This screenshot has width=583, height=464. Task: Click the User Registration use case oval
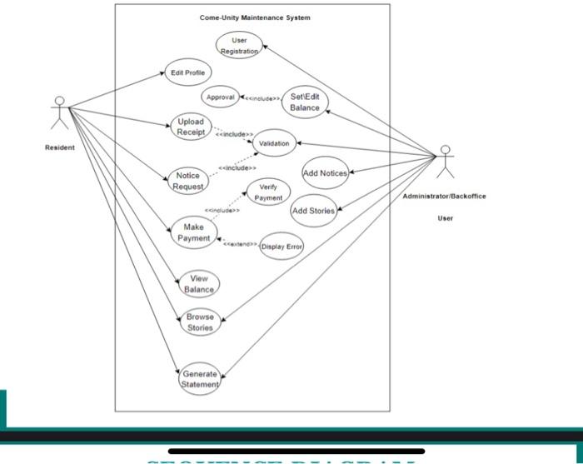point(239,45)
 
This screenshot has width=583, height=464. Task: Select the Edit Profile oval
point(187,72)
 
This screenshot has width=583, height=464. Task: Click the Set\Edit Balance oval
point(305,102)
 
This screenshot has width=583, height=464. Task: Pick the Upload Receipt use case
point(191,127)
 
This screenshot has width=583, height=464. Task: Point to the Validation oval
point(274,143)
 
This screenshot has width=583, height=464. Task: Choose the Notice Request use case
point(188,181)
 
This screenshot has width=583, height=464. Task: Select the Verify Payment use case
point(268,192)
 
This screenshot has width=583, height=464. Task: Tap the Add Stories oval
point(314,211)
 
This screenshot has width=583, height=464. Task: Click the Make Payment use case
point(193,232)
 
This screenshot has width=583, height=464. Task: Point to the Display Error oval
point(282,247)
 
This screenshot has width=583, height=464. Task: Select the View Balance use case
point(199,283)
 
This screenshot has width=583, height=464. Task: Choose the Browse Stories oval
point(200,322)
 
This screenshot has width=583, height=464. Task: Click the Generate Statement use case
point(200,380)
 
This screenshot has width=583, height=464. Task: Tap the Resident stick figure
point(59,113)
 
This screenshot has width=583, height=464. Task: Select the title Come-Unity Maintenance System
point(255,17)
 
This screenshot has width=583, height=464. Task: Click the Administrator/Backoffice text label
point(444,197)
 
